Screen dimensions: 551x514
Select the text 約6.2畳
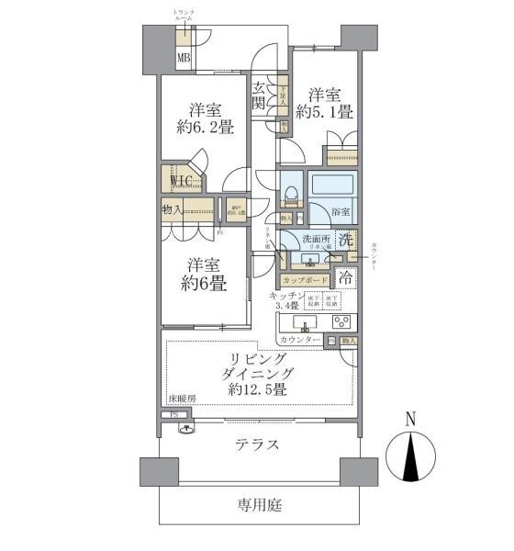click(204, 127)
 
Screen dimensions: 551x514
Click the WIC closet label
click(179, 181)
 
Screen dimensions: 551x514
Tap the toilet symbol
click(290, 194)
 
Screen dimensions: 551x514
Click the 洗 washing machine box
click(345, 241)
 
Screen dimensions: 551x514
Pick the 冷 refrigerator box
click(345, 276)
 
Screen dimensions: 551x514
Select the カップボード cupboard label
click(304, 279)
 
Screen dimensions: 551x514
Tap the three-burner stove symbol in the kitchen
click(341, 323)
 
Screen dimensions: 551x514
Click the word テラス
click(257, 444)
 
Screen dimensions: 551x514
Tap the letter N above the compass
click(411, 420)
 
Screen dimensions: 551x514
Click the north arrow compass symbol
click(411, 455)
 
